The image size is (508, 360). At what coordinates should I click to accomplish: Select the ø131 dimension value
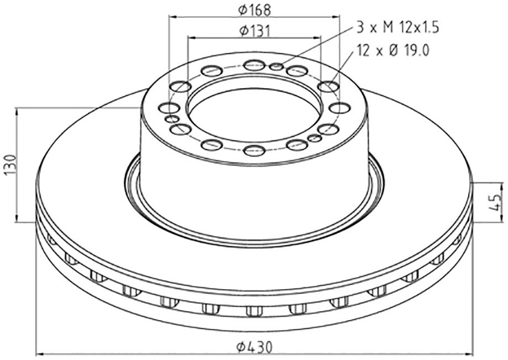(x=255, y=31)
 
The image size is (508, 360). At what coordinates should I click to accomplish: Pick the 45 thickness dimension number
(x=496, y=202)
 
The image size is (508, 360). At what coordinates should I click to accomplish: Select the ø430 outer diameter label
(x=255, y=347)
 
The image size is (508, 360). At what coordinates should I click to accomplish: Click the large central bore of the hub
(x=255, y=107)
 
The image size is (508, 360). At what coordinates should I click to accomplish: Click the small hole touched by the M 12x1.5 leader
(x=276, y=67)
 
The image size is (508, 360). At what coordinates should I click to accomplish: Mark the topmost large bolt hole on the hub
(x=255, y=65)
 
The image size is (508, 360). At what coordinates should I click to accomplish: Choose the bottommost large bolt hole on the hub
(x=255, y=150)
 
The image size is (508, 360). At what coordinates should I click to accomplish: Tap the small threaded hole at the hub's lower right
(x=315, y=137)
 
